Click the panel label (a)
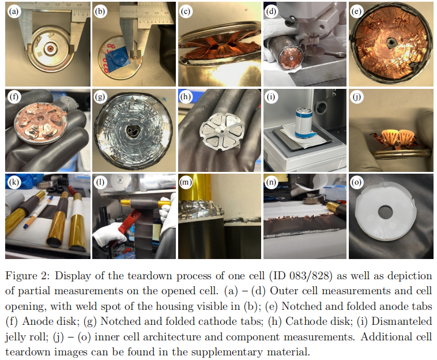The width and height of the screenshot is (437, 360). [x=13, y=12]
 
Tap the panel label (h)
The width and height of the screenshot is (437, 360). [x=185, y=97]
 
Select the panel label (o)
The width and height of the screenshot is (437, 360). [x=356, y=182]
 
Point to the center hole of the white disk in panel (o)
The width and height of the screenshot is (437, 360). [x=386, y=212]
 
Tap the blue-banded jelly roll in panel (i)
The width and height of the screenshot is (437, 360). [x=303, y=123]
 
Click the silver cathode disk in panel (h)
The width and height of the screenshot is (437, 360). [x=222, y=131]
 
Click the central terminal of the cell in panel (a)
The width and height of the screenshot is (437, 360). [x=50, y=48]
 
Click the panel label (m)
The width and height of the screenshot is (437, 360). [x=186, y=182]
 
